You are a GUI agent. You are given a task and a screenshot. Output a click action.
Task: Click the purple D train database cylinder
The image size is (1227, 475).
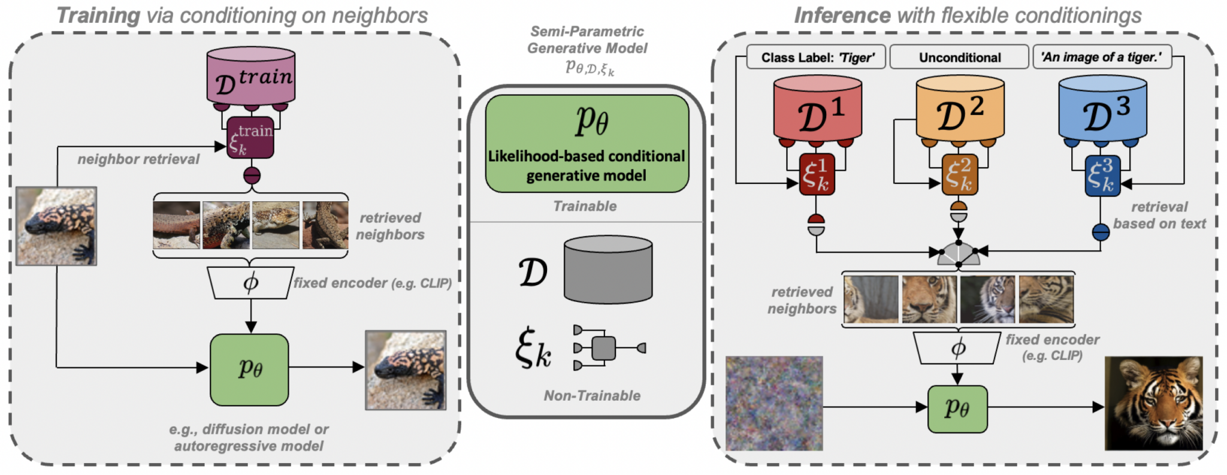tap(251, 77)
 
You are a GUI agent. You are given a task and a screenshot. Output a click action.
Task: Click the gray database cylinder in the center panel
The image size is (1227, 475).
tap(608, 270)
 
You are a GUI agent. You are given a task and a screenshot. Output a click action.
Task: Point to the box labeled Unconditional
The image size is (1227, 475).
tap(960, 58)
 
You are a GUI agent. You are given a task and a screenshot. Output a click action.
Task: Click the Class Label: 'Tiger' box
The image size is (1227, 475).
tap(817, 58)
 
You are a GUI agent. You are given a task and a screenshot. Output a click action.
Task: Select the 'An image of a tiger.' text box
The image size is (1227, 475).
tap(1101, 58)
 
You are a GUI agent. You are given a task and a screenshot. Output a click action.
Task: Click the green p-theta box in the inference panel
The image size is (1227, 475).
tap(957, 409)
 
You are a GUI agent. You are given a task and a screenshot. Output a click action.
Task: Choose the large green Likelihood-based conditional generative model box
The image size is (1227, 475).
tap(587, 144)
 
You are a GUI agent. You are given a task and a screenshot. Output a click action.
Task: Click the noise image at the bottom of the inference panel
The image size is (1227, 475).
tap(774, 403)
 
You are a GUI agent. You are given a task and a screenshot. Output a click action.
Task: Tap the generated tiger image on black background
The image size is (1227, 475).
tap(1153, 403)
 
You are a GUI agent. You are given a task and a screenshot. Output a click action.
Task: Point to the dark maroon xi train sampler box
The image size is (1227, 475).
tap(250, 138)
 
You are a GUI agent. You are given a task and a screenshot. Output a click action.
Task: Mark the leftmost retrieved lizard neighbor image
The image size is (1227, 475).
tap(176, 225)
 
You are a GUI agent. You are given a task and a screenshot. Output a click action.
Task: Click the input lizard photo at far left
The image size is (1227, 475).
tap(56, 226)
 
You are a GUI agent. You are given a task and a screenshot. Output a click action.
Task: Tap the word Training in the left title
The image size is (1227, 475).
tap(98, 16)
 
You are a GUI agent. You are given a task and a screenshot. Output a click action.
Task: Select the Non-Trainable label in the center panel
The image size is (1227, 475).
tap(592, 396)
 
